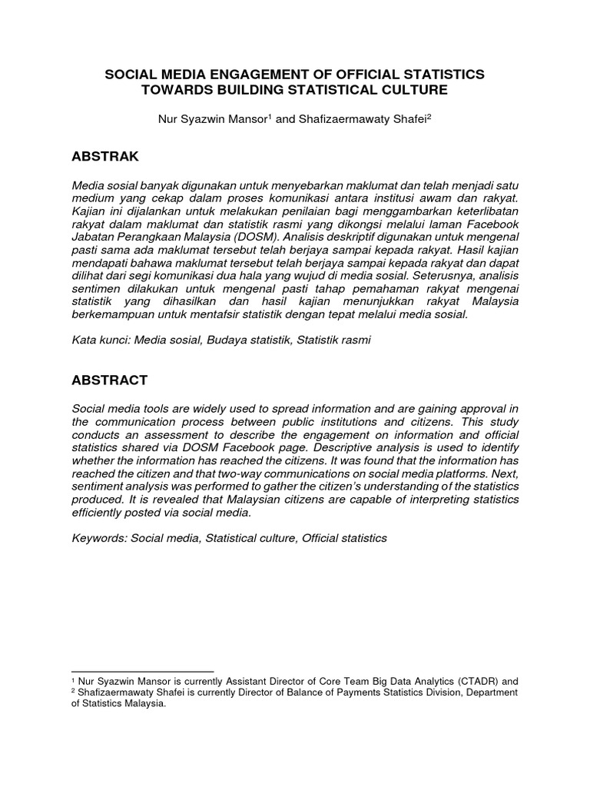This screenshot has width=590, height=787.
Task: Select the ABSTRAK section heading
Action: [104, 157]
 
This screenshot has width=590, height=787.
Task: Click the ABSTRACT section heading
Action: [109, 380]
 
